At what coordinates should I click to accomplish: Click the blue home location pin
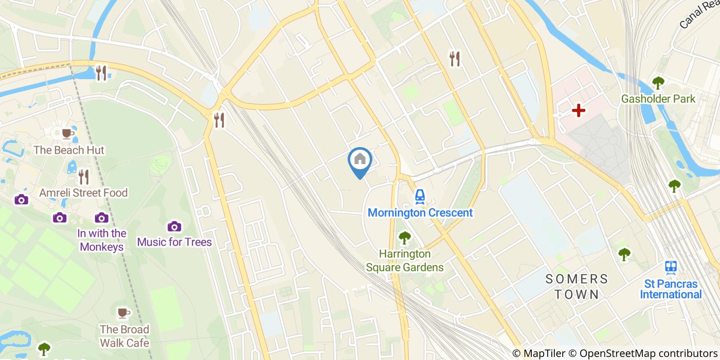pyautogui.click(x=360, y=161)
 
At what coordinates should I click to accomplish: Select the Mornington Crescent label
pyautogui.click(x=420, y=212)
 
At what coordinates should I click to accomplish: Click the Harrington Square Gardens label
pyautogui.click(x=405, y=261)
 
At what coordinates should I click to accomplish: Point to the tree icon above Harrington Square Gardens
pyautogui.click(x=405, y=238)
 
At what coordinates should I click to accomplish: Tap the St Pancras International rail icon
pyautogui.click(x=671, y=267)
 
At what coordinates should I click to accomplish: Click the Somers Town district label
pyautogui.click(x=577, y=287)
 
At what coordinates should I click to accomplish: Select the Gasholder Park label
pyautogui.click(x=658, y=99)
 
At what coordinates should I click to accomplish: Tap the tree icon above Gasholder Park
pyautogui.click(x=658, y=82)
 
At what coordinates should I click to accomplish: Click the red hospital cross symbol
pyautogui.click(x=579, y=110)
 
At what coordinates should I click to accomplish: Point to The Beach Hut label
pyautogui.click(x=69, y=150)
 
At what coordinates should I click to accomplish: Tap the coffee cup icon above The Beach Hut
pyautogui.click(x=66, y=134)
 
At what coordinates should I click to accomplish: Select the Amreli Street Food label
pyautogui.click(x=84, y=193)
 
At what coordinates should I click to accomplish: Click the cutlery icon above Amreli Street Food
pyautogui.click(x=83, y=177)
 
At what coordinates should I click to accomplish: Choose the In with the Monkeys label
pyautogui.click(x=102, y=240)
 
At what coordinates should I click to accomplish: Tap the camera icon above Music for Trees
pyautogui.click(x=174, y=226)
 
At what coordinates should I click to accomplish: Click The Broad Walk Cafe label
pyautogui.click(x=124, y=336)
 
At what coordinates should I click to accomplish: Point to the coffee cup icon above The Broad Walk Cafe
pyautogui.click(x=123, y=313)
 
